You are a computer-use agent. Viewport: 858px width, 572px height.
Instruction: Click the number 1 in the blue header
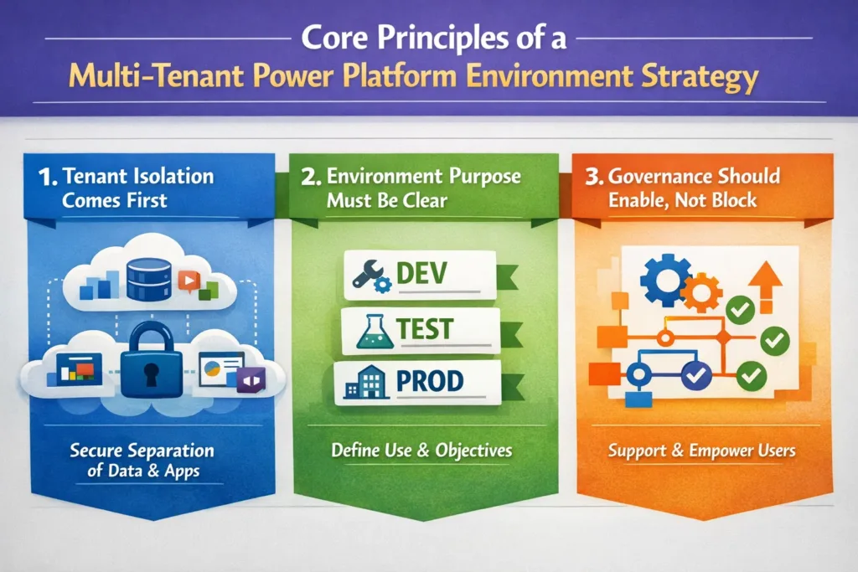(x=46, y=177)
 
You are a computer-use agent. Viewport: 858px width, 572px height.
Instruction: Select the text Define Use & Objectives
(x=421, y=450)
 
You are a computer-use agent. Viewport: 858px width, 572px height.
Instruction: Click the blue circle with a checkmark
(x=695, y=376)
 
